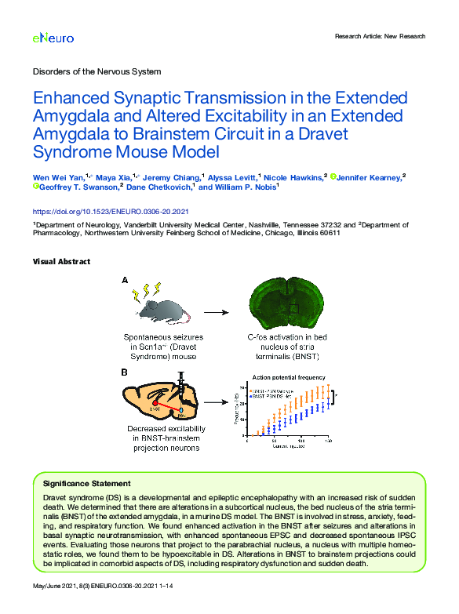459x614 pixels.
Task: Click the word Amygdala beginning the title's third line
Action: tap(73, 134)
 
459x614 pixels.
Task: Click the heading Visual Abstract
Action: tap(61, 261)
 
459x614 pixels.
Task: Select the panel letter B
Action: tap(124, 372)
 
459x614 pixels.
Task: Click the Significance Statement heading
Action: tap(86, 484)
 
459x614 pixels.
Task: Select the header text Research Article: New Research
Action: tap(380, 36)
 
